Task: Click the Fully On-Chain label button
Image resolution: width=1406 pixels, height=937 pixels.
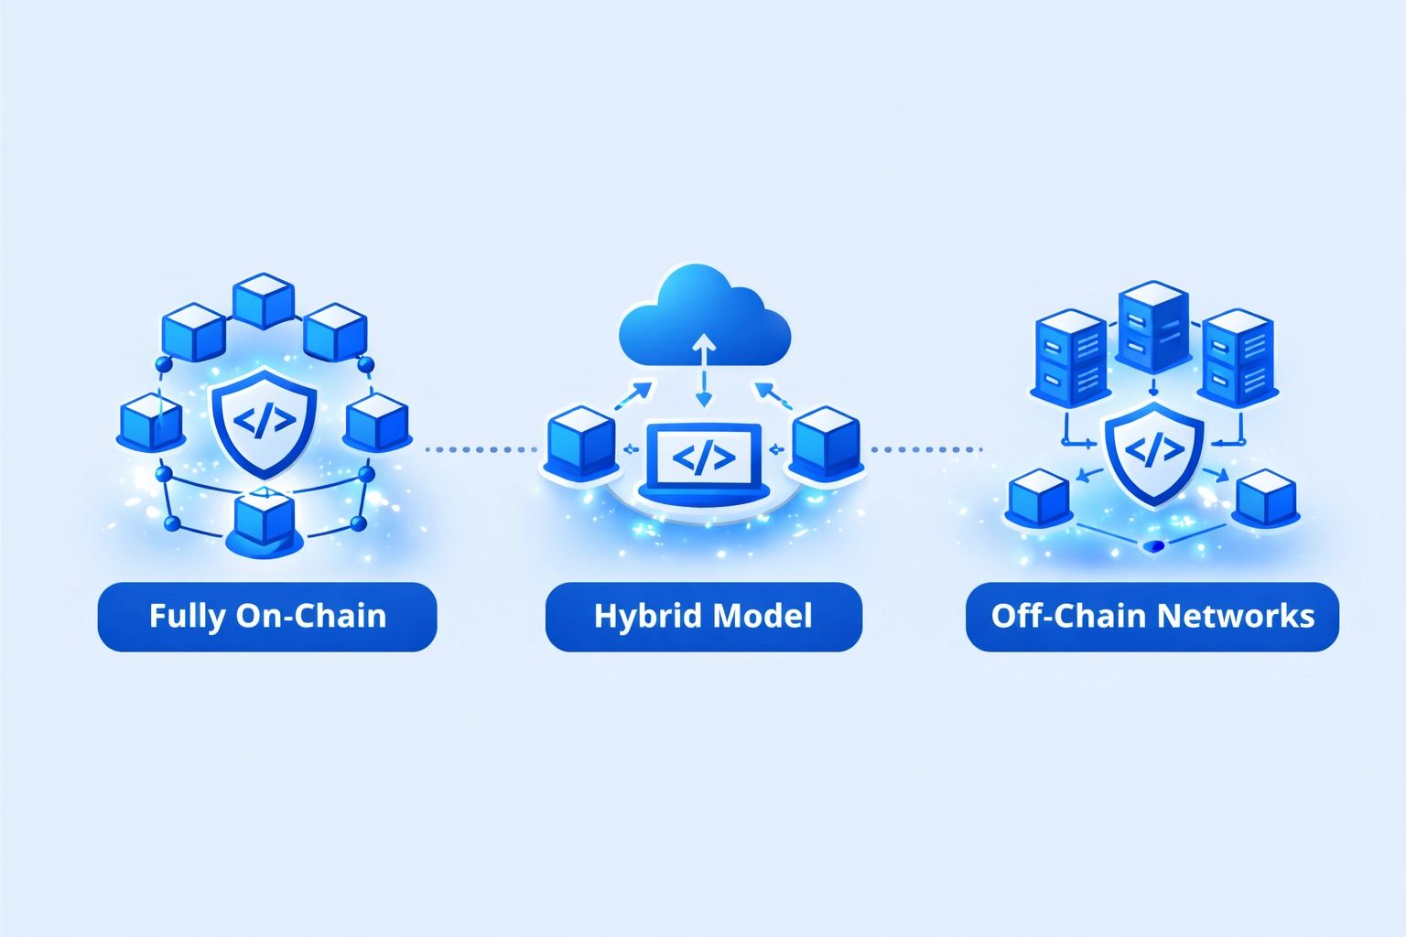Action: pyautogui.click(x=266, y=617)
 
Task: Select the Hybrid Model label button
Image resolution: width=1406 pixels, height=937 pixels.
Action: pyautogui.click(x=703, y=617)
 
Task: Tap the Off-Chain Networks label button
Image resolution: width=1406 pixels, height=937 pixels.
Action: pyautogui.click(x=1152, y=617)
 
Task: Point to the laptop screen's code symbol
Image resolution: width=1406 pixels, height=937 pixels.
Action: pyautogui.click(x=703, y=457)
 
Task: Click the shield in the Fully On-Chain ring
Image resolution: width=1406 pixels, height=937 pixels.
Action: pyautogui.click(x=264, y=421)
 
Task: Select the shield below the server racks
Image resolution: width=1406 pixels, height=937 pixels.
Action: pyautogui.click(x=1154, y=452)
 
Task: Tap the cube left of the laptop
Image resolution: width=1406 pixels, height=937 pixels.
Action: pyautogui.click(x=581, y=443)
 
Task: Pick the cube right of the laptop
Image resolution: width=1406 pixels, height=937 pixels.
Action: pyautogui.click(x=826, y=443)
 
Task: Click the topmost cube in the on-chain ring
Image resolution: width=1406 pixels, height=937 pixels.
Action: pyautogui.click(x=264, y=300)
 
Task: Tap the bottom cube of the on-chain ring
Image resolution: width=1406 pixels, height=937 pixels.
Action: pyautogui.click(x=264, y=522)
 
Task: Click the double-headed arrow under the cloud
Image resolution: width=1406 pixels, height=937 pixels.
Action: pyautogui.click(x=703, y=370)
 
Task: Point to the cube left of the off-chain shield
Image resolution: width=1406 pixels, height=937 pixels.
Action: pyautogui.click(x=1039, y=499)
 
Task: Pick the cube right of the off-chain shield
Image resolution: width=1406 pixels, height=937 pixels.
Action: pyautogui.click(x=1266, y=499)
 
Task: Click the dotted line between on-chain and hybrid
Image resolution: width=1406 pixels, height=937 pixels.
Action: pyautogui.click(x=481, y=449)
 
